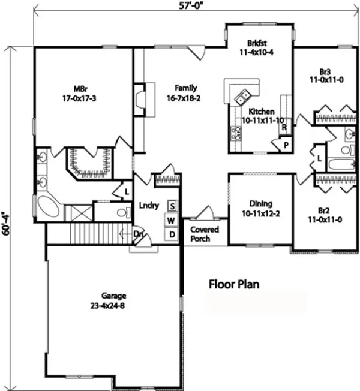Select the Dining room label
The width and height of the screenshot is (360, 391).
coord(260,207)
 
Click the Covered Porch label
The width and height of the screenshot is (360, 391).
coord(205,234)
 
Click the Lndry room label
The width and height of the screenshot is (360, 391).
coord(149,206)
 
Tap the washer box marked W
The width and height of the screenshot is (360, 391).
coord(172,220)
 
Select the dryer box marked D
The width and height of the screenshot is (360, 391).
coord(172,234)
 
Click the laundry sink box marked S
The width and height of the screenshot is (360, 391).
coord(172,206)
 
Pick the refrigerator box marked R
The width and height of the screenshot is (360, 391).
coord(283,127)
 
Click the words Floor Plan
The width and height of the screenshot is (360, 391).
coord(234,284)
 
